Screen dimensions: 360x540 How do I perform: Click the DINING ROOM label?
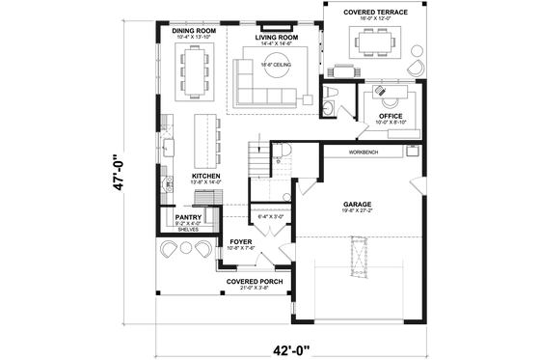pos(193,31)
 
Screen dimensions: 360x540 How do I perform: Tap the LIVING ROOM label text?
pos(276,38)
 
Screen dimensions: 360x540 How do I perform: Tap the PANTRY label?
pos(188,218)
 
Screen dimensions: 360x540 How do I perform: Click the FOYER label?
pos(240,242)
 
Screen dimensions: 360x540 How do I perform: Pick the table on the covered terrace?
pos(371,41)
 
